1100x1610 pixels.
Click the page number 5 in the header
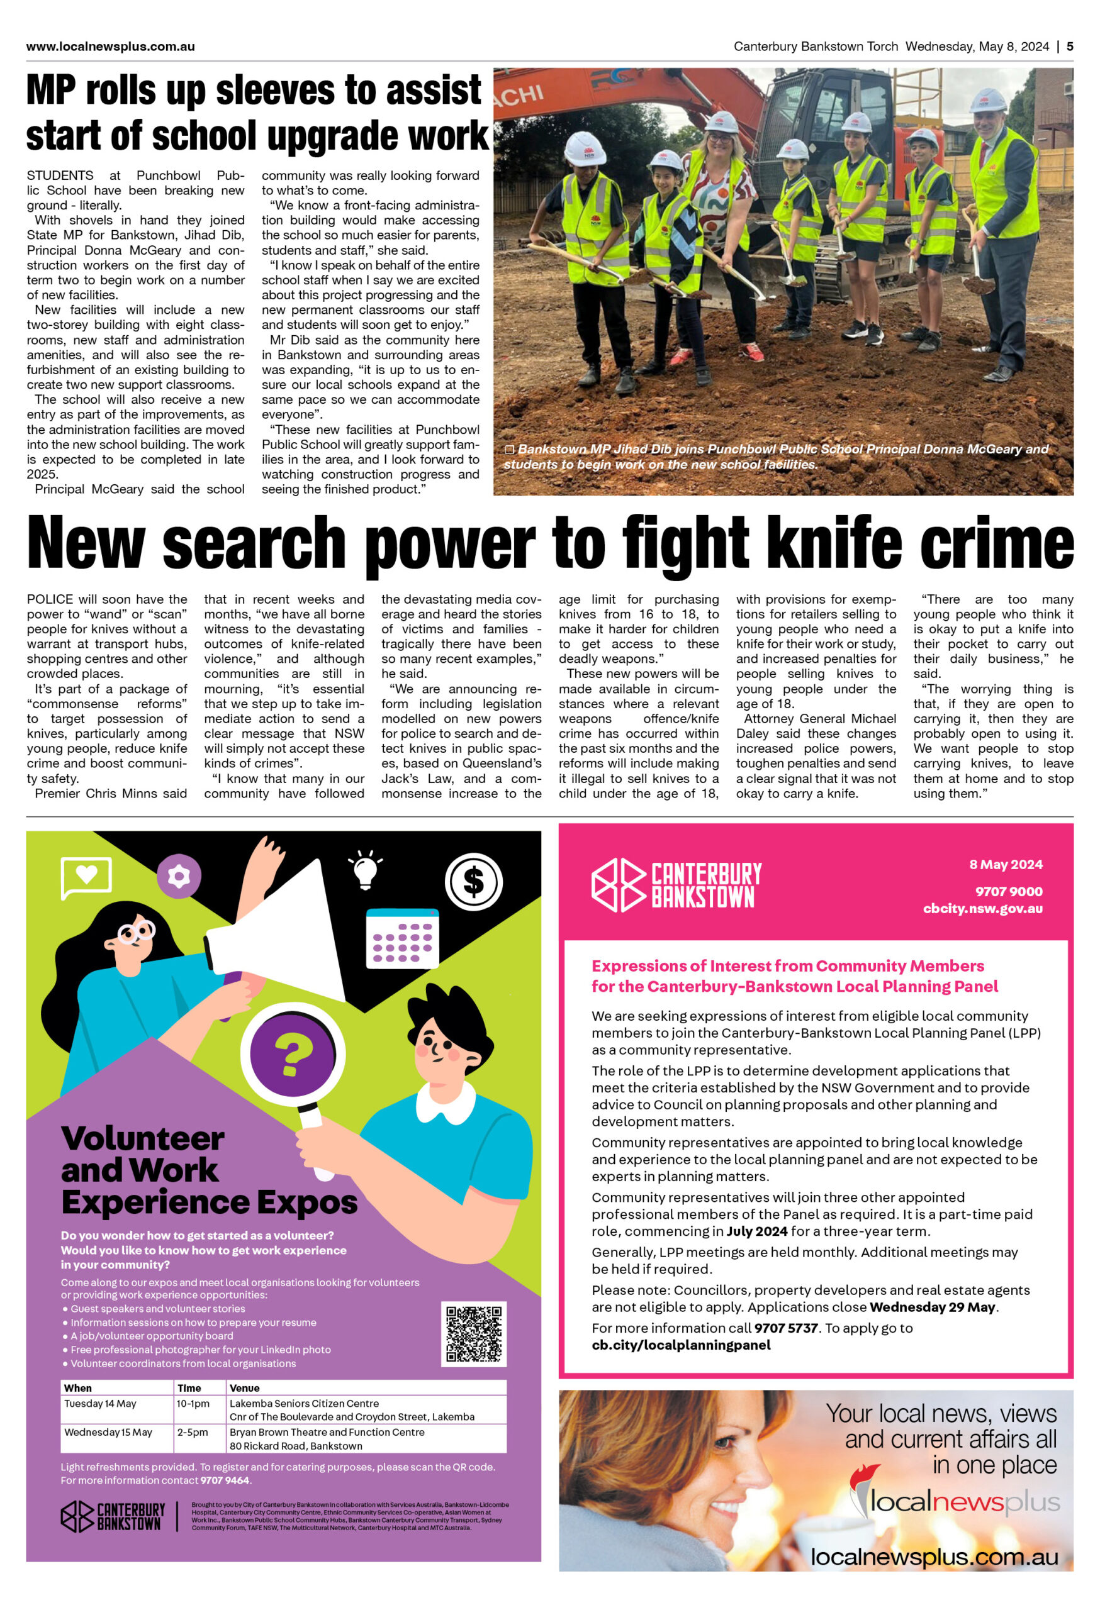[x=1070, y=47]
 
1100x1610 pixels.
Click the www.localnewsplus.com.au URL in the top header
[x=110, y=47]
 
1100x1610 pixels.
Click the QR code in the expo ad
[x=473, y=1333]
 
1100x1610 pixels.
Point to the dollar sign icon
[x=473, y=881]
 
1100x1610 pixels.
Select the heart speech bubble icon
[x=87, y=876]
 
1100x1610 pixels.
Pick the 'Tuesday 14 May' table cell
[x=101, y=1404]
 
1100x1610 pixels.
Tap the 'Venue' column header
[x=245, y=1389]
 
